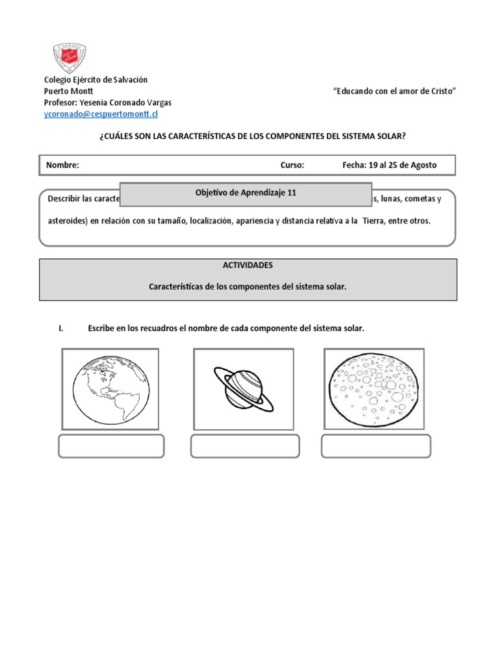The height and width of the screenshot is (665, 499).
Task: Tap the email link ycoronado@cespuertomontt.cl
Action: (100, 114)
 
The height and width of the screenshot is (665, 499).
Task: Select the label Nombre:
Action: (62, 165)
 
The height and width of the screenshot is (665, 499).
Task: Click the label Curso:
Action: (292, 165)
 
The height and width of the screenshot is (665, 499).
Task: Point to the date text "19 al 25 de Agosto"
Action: (402, 165)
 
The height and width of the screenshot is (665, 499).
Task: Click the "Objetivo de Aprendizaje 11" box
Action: (246, 194)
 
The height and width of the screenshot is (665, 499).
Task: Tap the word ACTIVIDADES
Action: (248, 266)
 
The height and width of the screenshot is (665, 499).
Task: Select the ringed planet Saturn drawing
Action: (244, 388)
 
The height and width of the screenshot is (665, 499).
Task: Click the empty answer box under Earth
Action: (111, 446)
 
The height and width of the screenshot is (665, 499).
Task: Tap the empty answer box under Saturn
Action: (245, 446)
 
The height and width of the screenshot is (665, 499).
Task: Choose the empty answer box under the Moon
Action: (376, 446)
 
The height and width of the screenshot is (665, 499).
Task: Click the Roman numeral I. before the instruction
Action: (61, 329)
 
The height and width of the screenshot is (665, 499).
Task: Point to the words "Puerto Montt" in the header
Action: (68, 92)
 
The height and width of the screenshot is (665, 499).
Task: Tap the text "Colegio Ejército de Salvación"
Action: (96, 80)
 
